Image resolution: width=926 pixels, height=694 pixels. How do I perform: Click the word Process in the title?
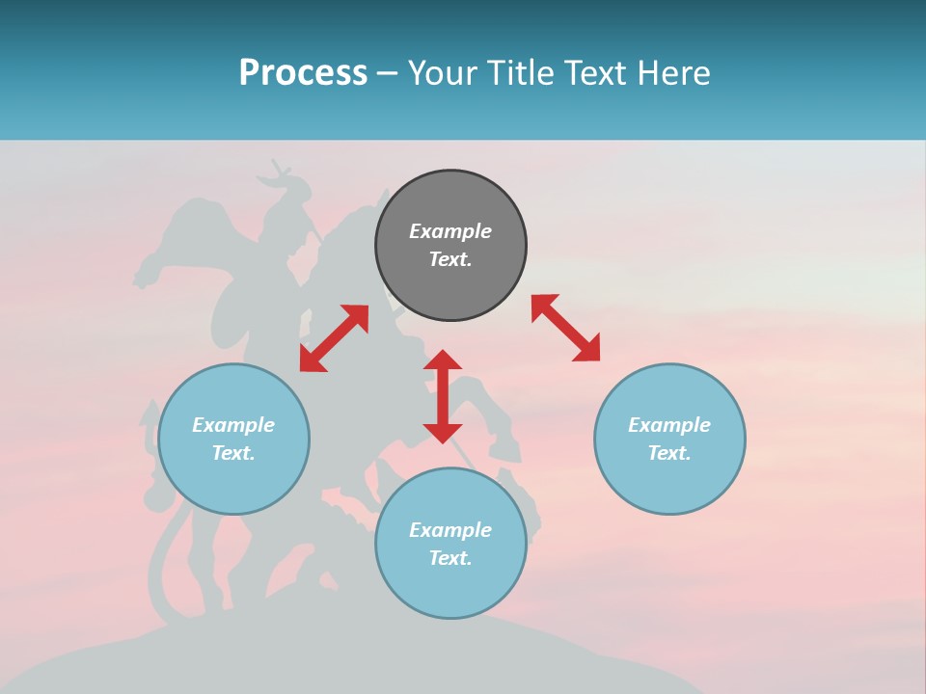click(x=303, y=73)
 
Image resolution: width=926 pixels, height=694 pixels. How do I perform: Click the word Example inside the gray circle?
click(x=450, y=231)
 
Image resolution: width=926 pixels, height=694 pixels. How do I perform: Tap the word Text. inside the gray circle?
click(x=450, y=259)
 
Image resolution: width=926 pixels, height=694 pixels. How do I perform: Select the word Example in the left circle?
click(x=233, y=425)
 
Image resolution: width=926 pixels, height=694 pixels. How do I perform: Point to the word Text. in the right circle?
click(x=669, y=453)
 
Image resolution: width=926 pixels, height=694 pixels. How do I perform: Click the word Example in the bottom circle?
click(x=450, y=530)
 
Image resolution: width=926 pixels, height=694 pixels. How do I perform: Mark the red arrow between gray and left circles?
click(x=334, y=338)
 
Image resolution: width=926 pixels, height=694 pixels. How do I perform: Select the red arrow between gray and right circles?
click(x=566, y=328)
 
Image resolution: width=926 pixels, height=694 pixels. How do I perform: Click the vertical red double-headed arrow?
click(x=443, y=396)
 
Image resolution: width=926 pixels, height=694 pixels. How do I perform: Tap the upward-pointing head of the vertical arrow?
click(x=443, y=360)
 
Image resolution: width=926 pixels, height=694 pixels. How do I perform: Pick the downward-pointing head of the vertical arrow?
click(x=443, y=433)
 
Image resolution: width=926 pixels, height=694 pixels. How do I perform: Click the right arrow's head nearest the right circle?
click(x=587, y=349)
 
